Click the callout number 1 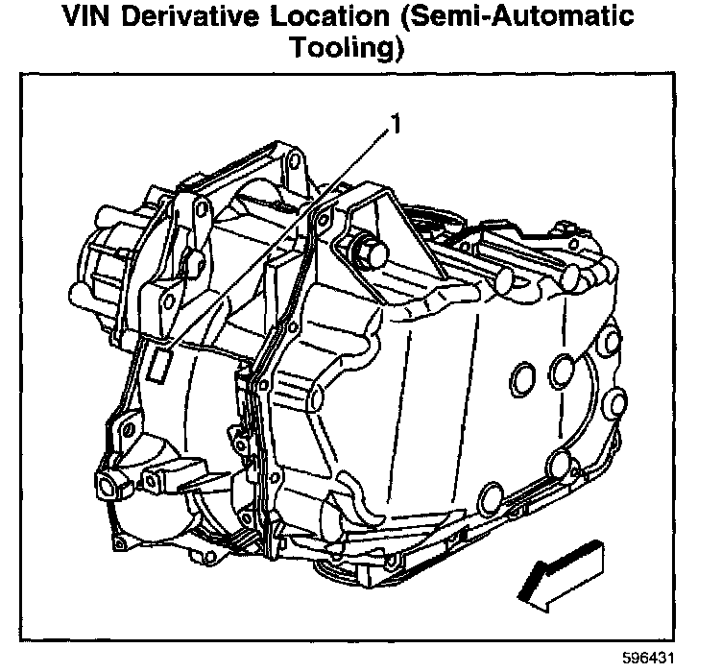point(393,125)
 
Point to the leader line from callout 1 point(278,240)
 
